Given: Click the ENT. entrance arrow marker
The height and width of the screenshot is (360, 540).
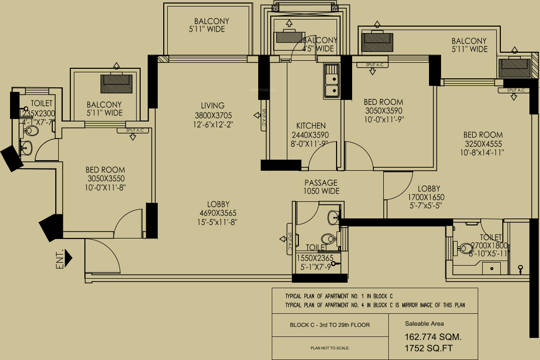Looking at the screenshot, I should coord(68,258).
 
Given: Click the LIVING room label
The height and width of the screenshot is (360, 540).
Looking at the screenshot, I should coord(212,105).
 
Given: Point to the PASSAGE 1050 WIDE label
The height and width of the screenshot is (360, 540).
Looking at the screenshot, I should coord(320,187).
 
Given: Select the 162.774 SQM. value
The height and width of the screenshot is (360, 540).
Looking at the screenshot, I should coord(433,336).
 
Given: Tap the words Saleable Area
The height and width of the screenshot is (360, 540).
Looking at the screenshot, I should coord(424,324).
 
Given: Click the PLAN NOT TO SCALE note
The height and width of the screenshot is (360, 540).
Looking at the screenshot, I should coord(330,348).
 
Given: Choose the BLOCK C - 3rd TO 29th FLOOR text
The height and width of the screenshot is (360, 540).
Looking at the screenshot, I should coord(330,325).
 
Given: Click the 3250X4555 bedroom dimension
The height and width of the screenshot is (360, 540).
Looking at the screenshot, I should coord(483,144).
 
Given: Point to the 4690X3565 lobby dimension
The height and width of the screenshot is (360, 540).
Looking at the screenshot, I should coord(218,212).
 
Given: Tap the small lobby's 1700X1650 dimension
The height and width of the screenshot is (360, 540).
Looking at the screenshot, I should coord(426,197).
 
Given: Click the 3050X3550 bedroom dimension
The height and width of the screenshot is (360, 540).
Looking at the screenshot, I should coord(105,178).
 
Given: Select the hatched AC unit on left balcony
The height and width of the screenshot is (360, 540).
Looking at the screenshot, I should coord(116,83).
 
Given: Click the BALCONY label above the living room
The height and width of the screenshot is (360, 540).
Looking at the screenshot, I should coord(211,21).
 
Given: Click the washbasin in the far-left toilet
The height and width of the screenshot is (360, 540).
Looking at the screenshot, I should coord(27,148).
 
